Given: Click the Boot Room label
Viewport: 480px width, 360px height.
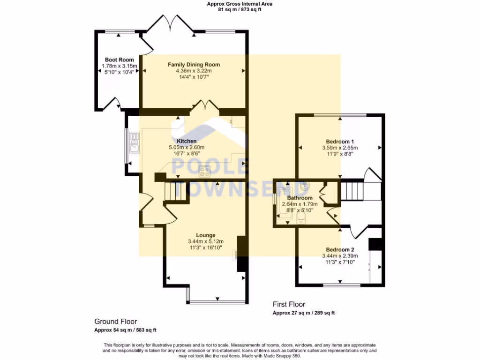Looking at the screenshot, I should point(119,60).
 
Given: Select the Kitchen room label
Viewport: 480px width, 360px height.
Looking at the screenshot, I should point(186,141).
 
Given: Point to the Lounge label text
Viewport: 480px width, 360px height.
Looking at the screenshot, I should point(205,235).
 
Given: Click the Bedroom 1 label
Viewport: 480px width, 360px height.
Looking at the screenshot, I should point(340,142).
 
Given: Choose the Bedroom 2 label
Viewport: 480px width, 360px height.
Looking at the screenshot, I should point(340,249).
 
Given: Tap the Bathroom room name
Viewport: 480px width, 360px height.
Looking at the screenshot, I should point(300,198).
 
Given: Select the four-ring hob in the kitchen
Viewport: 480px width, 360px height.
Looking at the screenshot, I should point(204,172).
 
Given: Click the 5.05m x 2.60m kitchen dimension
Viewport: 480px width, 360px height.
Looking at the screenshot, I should point(187,147).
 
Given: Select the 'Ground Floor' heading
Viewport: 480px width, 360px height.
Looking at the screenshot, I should point(115,322).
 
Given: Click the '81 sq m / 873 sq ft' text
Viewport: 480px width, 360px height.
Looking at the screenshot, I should point(240,9).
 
